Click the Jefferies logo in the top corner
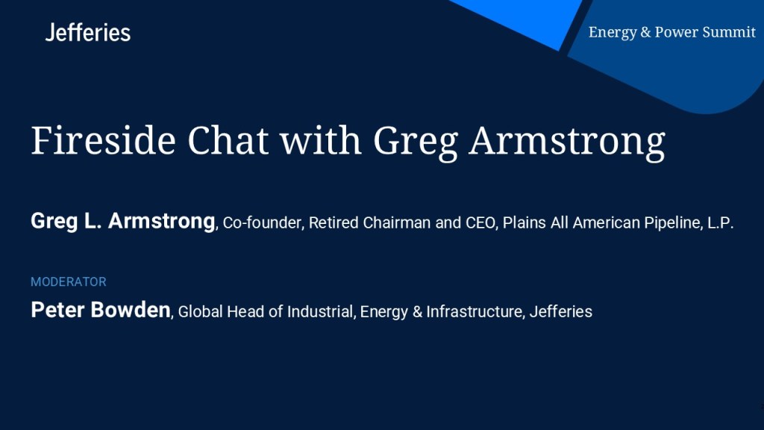point(88,33)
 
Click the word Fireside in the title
point(103,141)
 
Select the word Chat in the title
point(228,141)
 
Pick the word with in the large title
point(321,141)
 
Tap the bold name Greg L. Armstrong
point(123,221)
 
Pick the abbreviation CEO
point(482,223)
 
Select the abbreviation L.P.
point(720,222)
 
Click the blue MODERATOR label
point(68,281)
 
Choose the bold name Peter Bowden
point(101,310)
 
